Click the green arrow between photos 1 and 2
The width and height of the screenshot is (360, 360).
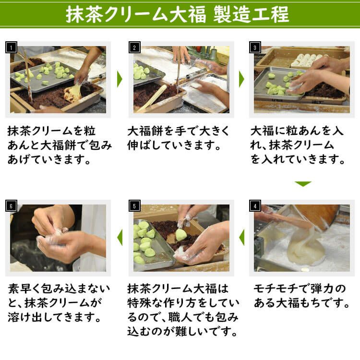tap(120, 80)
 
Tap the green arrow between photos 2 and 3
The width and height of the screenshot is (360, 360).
tap(241, 80)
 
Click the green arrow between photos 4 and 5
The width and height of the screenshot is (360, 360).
tap(241, 237)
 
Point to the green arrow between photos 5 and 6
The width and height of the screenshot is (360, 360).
tap(120, 237)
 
